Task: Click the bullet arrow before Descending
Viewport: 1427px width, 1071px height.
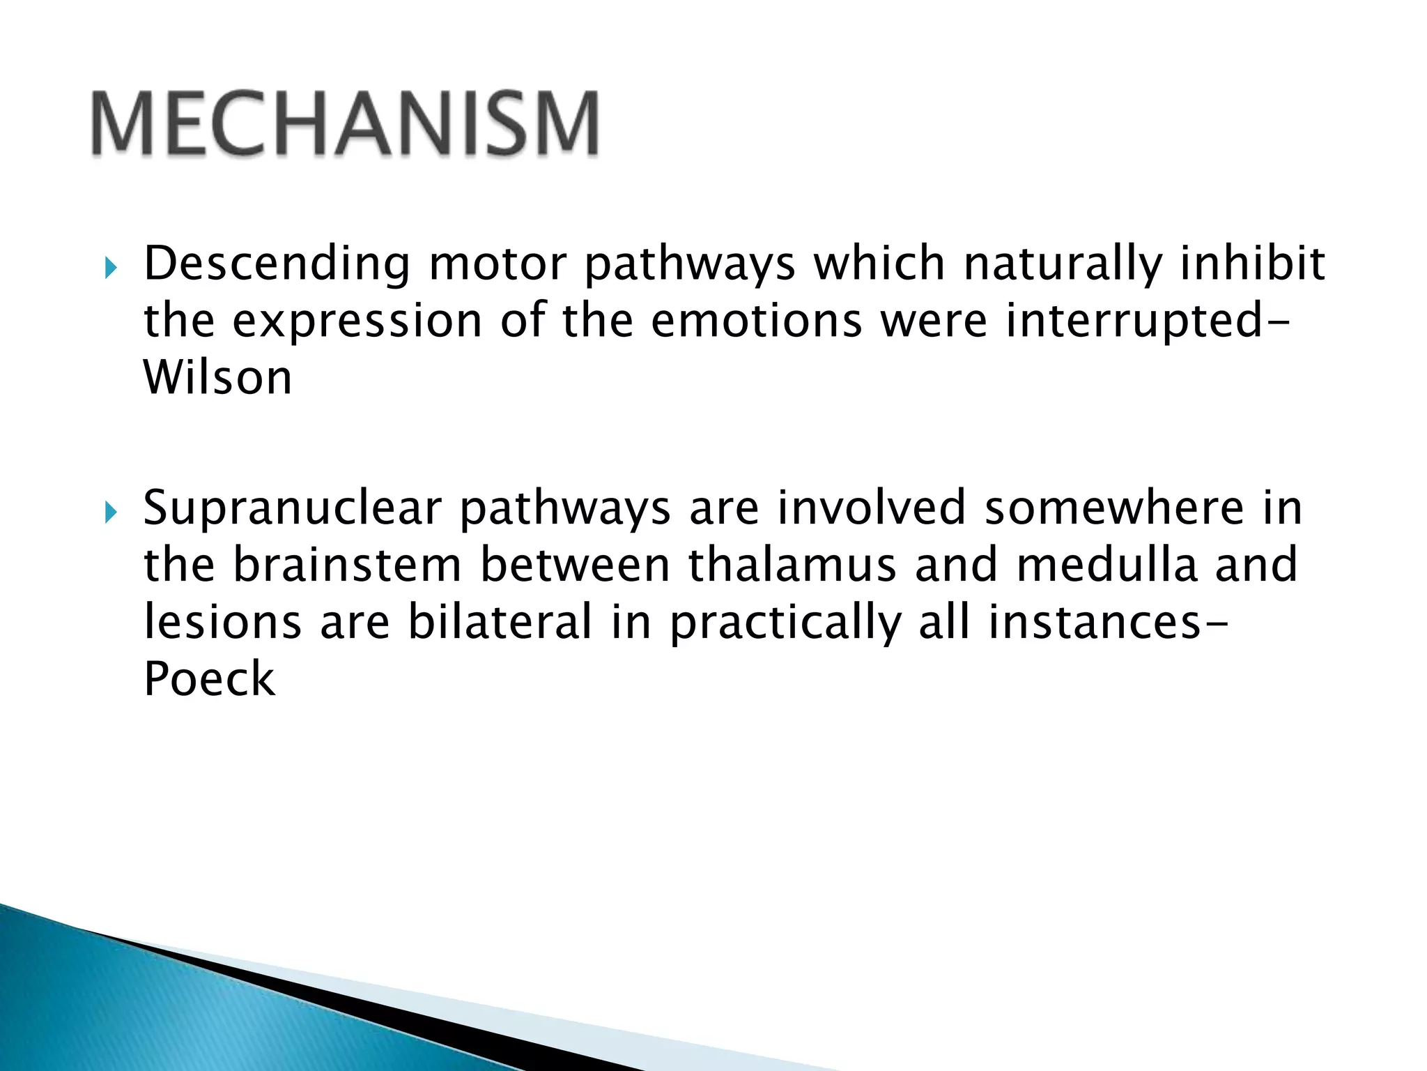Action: tap(111, 267)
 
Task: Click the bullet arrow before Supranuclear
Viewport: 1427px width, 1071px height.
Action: tap(111, 513)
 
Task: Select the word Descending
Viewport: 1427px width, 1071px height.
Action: tap(277, 265)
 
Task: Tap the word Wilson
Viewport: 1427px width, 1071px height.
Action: tap(217, 379)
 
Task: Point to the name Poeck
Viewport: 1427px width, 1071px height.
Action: tap(209, 679)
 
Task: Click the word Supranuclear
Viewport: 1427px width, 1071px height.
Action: tap(292, 510)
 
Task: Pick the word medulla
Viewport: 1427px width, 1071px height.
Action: tap(1106, 565)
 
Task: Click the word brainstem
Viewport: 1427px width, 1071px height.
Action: tap(346, 565)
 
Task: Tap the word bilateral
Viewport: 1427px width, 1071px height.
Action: tap(499, 622)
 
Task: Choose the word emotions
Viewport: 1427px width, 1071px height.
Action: tap(757, 321)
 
